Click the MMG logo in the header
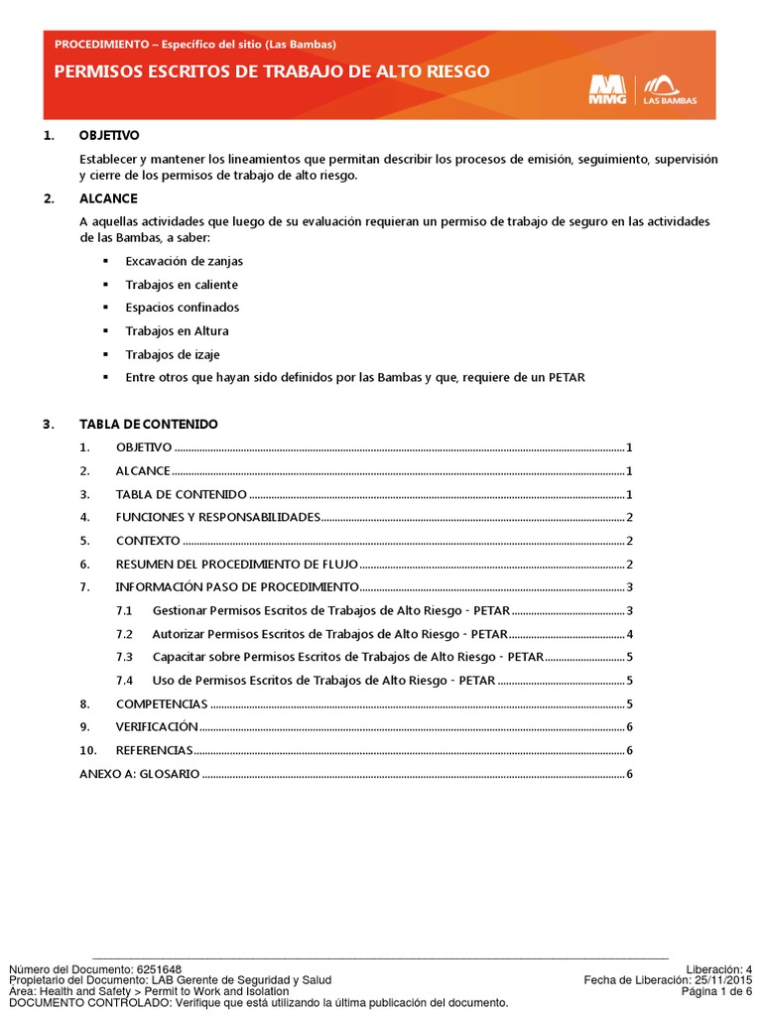(x=606, y=89)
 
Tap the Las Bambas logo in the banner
(x=671, y=89)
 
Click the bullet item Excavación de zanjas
(x=184, y=261)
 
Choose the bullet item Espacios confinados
(x=182, y=308)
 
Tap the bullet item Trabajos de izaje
(x=173, y=354)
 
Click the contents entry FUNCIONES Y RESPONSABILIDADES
(x=217, y=517)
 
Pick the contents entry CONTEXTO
(x=148, y=541)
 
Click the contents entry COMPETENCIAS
(x=162, y=703)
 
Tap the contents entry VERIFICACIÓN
(x=157, y=727)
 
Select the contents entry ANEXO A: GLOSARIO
(x=139, y=774)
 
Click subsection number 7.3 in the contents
(x=124, y=657)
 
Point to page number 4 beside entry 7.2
(x=630, y=634)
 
